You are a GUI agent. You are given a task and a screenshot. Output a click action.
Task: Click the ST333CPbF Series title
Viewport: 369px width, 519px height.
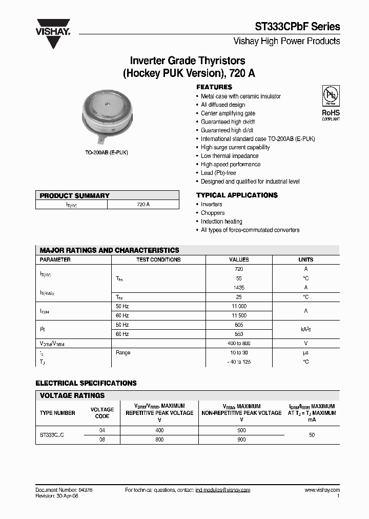point(298,27)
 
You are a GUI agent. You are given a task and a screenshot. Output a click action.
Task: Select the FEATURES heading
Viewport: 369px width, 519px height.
point(214,87)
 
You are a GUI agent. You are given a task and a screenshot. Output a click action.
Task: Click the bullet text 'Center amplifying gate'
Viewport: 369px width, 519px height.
point(228,113)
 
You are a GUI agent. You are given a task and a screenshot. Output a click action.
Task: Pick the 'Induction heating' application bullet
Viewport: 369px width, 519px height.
point(221,222)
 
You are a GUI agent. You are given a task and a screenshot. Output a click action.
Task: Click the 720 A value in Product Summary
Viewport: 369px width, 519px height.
point(143,204)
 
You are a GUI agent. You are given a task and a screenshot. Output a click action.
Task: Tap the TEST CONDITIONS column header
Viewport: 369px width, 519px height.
point(158,260)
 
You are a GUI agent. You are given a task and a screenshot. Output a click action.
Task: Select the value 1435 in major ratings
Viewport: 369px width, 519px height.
point(239,288)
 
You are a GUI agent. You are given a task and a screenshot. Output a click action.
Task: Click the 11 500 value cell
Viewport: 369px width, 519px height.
point(239,315)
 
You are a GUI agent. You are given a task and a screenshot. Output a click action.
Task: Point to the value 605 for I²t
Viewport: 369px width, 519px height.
point(239,325)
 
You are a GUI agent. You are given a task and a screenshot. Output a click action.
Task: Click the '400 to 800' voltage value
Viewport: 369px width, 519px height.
point(239,343)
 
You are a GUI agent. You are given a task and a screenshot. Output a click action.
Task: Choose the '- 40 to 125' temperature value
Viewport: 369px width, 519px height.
point(239,362)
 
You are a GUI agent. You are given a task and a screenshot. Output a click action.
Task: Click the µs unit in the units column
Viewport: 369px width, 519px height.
point(305,353)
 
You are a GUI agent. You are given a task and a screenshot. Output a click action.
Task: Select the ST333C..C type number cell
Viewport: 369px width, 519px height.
point(52,435)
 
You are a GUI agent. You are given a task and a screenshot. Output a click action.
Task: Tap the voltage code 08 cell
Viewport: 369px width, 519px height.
point(102,440)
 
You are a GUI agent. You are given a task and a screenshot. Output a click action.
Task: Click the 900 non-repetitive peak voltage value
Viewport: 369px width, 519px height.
point(241,440)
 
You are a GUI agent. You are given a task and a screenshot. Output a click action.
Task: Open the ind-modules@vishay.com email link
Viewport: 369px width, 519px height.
point(223,490)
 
